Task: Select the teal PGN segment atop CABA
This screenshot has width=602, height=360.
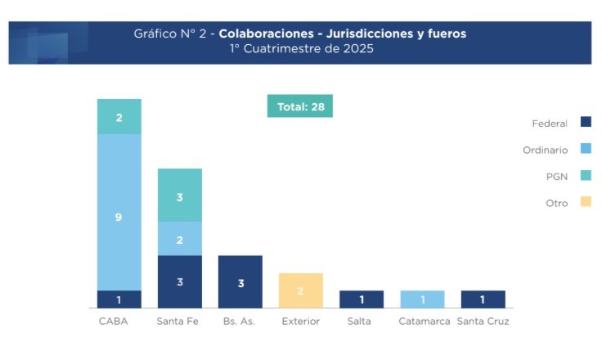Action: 119,116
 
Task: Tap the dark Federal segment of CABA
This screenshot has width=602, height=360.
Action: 119,299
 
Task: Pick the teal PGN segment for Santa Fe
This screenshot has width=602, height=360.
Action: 179,196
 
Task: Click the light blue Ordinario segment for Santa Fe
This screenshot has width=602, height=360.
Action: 179,239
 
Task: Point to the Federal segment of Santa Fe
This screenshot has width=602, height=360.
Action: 179,281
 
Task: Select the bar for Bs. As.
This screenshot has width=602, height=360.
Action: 240,281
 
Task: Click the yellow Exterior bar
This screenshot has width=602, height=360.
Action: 300,290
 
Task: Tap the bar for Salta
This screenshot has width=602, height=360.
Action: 361,299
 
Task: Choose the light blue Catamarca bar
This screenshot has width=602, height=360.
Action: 422,299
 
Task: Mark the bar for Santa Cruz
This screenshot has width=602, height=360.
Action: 483,299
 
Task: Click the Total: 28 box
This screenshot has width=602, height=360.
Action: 299,106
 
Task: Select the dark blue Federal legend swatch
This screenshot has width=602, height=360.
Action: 586,123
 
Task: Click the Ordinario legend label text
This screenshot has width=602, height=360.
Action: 545,150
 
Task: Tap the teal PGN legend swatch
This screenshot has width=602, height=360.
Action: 586,175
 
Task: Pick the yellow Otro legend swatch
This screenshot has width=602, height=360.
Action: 586,202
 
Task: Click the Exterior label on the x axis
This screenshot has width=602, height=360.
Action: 300,322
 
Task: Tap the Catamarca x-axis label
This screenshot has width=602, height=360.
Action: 424,322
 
